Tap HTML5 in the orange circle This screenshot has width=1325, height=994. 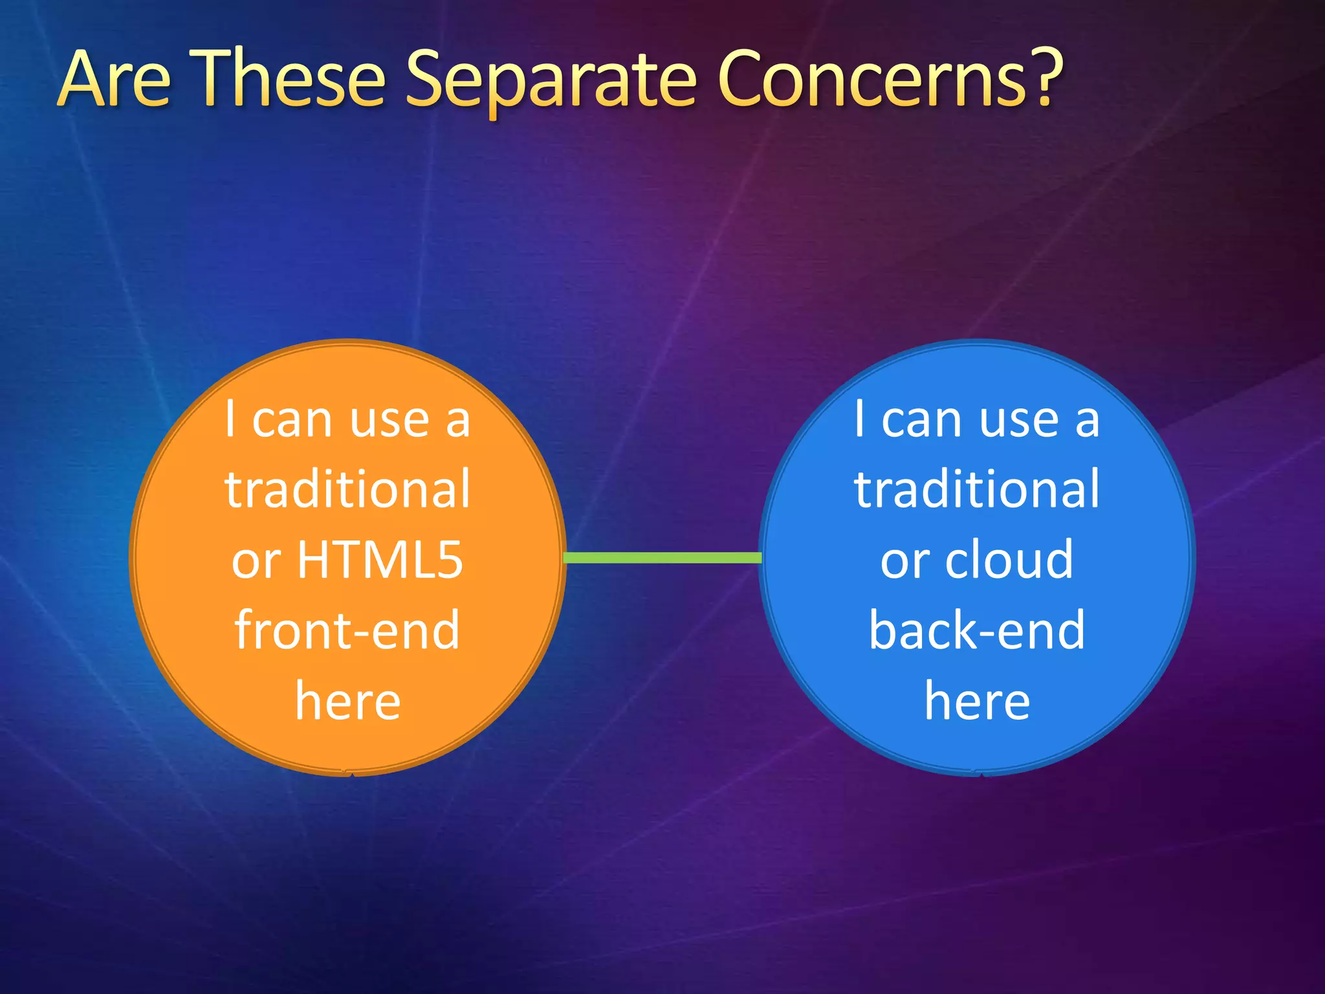pos(380,560)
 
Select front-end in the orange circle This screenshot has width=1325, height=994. pos(347,630)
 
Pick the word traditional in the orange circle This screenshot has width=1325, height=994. pos(347,490)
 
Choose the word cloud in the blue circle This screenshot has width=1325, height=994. pos(1009,560)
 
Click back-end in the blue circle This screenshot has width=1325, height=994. pos(977,630)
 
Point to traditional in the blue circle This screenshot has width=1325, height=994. pos(977,490)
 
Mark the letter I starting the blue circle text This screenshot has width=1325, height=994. pos(859,419)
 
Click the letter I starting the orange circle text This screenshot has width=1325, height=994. pos(230,419)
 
